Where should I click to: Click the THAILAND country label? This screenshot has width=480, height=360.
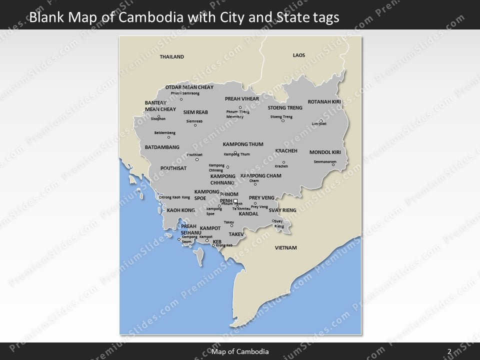[x=171, y=57]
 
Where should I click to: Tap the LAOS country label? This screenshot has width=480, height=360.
[x=299, y=55]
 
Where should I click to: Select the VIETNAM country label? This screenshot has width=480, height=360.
[x=286, y=247]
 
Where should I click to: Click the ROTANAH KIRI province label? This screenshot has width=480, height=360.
[x=324, y=101]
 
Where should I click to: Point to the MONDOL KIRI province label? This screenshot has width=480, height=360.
[x=325, y=152]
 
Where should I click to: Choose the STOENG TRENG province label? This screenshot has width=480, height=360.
[x=285, y=107]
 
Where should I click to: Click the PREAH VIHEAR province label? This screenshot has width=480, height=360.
[x=242, y=98]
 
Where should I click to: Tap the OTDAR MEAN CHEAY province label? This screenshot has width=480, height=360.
[x=189, y=87]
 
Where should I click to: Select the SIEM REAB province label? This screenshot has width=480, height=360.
[x=195, y=112]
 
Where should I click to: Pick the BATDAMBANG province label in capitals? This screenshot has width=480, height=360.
[x=162, y=147]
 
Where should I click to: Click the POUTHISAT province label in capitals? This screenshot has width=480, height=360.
[x=173, y=168]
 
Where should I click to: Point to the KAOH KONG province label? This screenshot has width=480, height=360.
[x=180, y=210]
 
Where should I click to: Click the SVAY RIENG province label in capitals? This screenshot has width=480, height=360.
[x=282, y=210]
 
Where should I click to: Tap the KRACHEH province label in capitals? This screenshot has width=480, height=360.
[x=286, y=150]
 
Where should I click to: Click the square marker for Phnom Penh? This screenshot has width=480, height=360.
[x=236, y=201]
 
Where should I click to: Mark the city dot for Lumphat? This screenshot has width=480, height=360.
[x=321, y=120]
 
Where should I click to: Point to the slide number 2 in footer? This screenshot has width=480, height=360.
[x=449, y=351]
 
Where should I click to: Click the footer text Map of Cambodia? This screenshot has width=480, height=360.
[x=240, y=351]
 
